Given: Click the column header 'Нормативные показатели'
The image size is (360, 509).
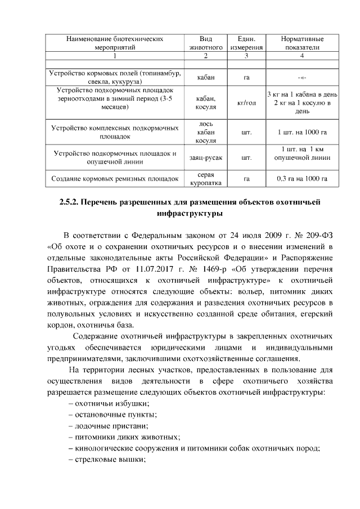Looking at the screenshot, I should (302, 43).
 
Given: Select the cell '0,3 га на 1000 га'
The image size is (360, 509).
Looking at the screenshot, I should (302, 179).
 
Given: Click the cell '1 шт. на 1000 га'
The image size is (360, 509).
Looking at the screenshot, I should (302, 133).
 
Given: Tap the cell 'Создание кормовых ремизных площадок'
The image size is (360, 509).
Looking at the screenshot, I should (115, 179).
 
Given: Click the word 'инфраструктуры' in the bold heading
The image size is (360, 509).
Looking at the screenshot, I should (179, 214).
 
